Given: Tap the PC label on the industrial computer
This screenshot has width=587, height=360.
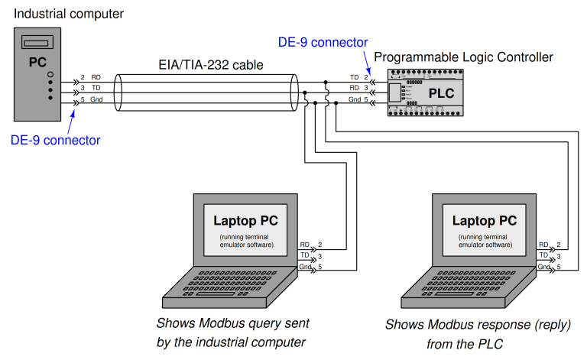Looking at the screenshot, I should (x=37, y=61).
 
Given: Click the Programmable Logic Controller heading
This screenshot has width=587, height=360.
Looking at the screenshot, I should (x=463, y=57).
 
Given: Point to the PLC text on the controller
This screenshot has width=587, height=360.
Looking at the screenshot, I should (x=441, y=93).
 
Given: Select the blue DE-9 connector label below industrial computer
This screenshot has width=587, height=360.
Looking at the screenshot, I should (x=55, y=140).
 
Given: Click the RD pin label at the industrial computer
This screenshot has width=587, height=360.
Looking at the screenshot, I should (x=96, y=77).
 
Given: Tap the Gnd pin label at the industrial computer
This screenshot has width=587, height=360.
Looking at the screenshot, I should (x=96, y=100).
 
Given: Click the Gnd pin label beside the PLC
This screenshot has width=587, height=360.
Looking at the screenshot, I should (x=355, y=100).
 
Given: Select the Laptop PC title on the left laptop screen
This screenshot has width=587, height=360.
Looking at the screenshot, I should (x=245, y=221).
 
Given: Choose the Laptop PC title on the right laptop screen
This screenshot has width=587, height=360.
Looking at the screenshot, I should (x=485, y=221).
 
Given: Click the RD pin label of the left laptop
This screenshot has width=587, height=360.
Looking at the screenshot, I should (x=305, y=244).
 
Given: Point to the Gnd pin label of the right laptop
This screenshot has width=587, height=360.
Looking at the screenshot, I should (x=543, y=267).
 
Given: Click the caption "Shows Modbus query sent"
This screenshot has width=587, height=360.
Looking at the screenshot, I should (x=232, y=323).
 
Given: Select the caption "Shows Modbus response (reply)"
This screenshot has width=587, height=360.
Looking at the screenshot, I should (x=478, y=325).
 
